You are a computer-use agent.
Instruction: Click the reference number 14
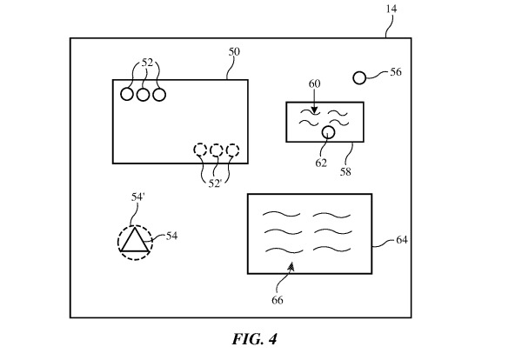(x=391, y=9)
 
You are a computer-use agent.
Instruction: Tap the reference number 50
(x=234, y=51)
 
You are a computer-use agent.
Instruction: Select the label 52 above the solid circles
(x=147, y=63)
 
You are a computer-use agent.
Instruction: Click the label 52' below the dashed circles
(x=215, y=183)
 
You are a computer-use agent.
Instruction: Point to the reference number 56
(x=396, y=72)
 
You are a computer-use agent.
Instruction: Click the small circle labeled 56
(x=359, y=78)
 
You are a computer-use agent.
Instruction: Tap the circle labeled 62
(x=328, y=132)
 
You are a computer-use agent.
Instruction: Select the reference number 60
(x=315, y=83)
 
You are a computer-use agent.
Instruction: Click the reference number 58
(x=345, y=171)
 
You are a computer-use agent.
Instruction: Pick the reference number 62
(x=321, y=163)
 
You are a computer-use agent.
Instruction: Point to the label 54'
(x=137, y=197)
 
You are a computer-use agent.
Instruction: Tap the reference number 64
(x=402, y=239)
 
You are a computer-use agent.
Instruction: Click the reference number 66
(x=278, y=300)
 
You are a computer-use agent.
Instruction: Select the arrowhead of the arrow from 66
(x=291, y=265)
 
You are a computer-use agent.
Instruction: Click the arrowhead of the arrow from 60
(x=313, y=110)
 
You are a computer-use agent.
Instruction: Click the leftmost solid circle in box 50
(x=127, y=95)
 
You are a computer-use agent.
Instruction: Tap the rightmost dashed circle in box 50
(x=232, y=150)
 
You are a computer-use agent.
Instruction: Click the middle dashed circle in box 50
(x=217, y=150)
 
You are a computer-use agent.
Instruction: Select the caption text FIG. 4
(x=255, y=339)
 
